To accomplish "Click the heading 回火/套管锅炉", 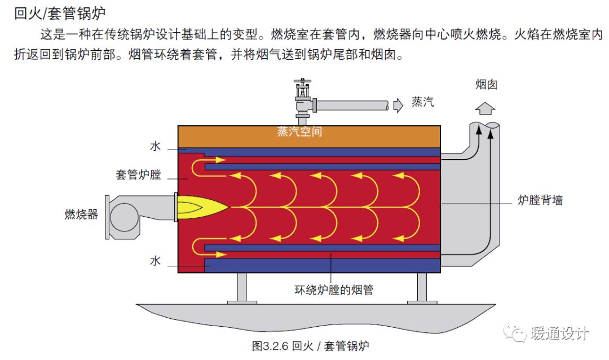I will click(59, 13).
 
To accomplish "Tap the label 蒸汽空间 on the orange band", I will click(299, 131).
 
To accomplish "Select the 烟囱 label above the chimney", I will click(486, 85).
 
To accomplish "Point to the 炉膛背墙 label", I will click(540, 200).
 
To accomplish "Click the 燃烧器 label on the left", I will click(81, 214).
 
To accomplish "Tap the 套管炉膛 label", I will click(138, 174).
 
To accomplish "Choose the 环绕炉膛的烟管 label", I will click(334, 290).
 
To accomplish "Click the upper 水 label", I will click(156, 146).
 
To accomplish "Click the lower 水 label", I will click(156, 261).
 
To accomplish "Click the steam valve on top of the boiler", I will click(303, 96).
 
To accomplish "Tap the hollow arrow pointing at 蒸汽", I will click(399, 104).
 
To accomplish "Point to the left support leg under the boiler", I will click(242, 288).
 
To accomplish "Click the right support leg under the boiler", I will click(422, 288).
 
